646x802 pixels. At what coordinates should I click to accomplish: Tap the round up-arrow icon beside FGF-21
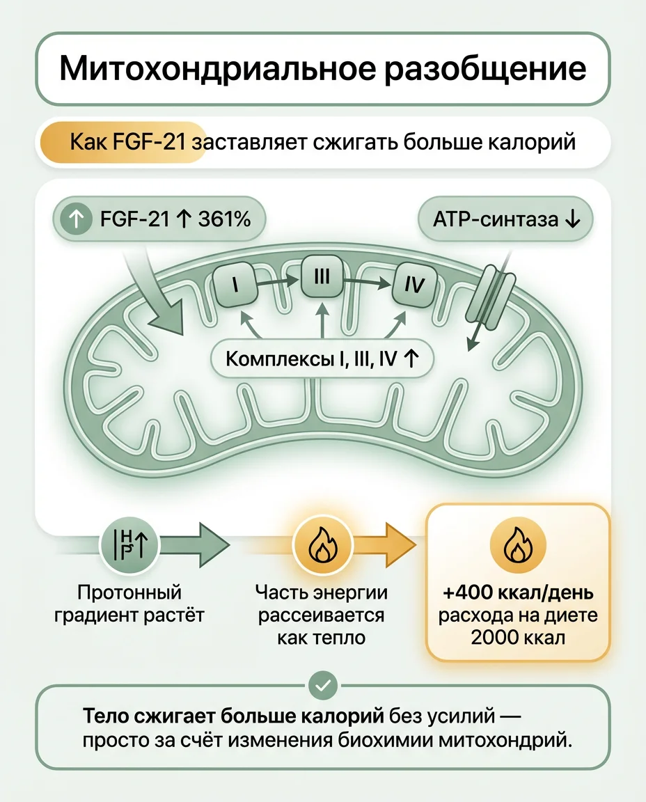[76, 221]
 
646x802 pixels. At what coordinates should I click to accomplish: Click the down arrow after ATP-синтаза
[572, 220]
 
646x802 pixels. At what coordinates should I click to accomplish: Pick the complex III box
[322, 278]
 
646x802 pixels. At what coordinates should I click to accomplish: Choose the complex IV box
[413, 285]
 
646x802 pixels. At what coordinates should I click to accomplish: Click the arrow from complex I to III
[277, 282]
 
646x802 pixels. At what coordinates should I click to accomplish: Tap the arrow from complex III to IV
[368, 281]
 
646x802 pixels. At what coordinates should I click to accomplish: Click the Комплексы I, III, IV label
[322, 359]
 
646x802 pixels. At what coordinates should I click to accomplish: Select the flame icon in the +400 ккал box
[518, 544]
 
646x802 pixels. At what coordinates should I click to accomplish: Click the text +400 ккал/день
[518, 594]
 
